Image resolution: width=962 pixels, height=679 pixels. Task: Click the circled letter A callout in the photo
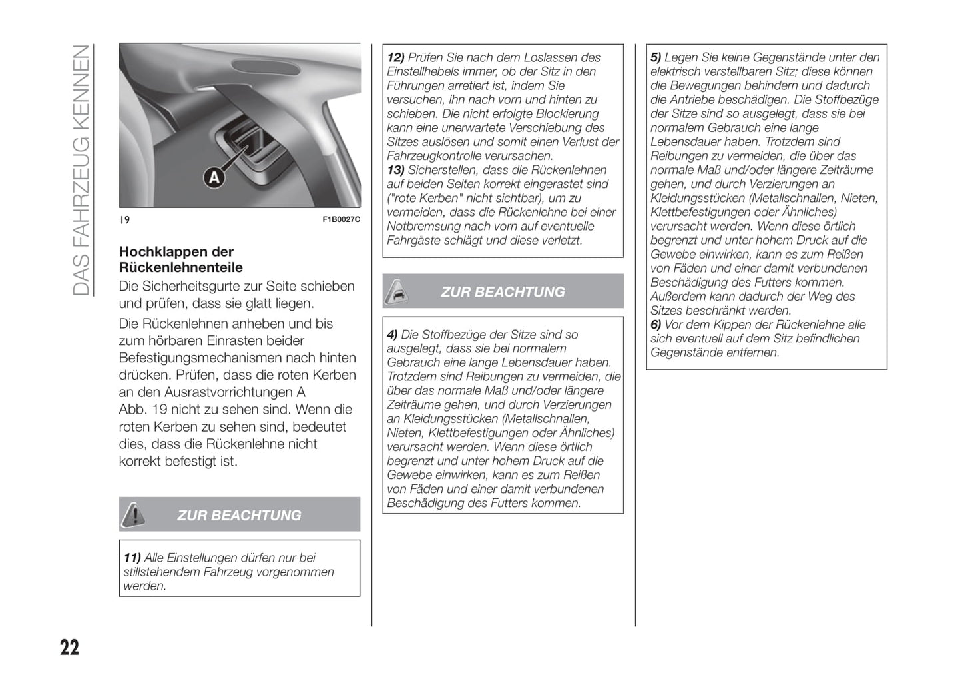point(214,177)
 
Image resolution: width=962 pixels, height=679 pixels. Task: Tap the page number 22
point(69,647)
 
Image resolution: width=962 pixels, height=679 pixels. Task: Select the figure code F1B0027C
point(341,220)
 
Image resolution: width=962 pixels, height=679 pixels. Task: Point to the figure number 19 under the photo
point(124,220)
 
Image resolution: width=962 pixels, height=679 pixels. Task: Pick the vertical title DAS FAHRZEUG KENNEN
point(81,170)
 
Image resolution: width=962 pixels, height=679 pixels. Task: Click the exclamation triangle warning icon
point(134,514)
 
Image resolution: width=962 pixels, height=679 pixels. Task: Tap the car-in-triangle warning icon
point(397,291)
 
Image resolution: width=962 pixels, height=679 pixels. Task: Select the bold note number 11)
point(132,558)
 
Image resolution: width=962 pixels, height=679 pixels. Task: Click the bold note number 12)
point(395,58)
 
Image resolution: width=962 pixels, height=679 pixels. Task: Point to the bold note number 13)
point(395,170)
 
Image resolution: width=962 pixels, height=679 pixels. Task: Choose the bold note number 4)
point(393,335)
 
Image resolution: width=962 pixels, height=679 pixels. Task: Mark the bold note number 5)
point(656,58)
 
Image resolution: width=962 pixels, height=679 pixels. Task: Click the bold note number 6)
point(656,325)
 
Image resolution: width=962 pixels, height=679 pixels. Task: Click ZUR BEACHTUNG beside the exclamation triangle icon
point(239,515)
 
